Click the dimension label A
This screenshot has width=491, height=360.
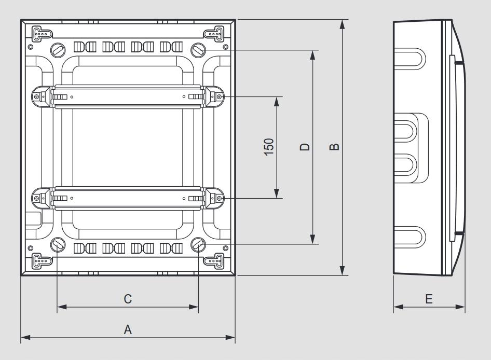coord(128,329)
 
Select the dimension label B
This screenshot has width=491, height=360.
coord(334,146)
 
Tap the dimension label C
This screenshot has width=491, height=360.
coord(128,299)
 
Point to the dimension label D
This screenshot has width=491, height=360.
coord(304,147)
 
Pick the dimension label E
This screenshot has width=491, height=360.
coord(429,299)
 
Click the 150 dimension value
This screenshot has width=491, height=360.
coord(269,146)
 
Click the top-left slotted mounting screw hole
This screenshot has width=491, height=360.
coord(58,50)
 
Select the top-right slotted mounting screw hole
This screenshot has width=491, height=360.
coord(198,50)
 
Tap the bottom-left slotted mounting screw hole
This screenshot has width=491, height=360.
coord(58,244)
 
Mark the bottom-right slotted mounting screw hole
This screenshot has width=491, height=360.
coord(198,244)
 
